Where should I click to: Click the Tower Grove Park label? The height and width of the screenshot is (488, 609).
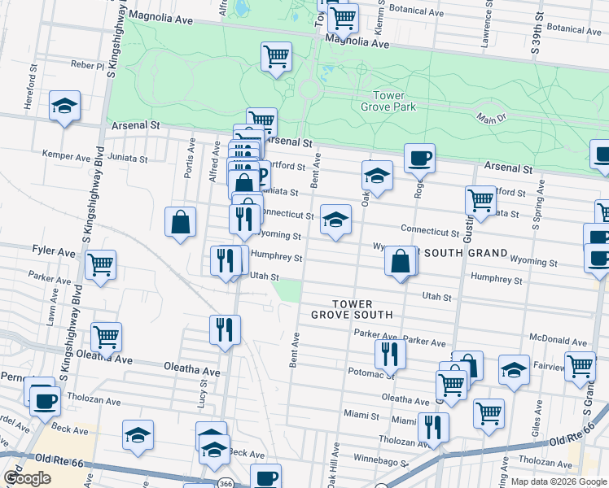388,101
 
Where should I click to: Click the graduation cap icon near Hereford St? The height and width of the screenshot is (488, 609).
64,106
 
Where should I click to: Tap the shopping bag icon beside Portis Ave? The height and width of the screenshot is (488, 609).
180,221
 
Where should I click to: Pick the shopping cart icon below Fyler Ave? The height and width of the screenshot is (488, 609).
100,264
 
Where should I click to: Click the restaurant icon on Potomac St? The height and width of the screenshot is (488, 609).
390,354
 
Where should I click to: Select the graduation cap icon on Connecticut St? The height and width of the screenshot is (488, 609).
335,219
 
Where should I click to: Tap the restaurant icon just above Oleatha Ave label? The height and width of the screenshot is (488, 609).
225,330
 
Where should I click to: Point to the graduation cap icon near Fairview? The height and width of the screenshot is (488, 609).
514,369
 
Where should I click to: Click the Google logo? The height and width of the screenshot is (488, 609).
28,478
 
